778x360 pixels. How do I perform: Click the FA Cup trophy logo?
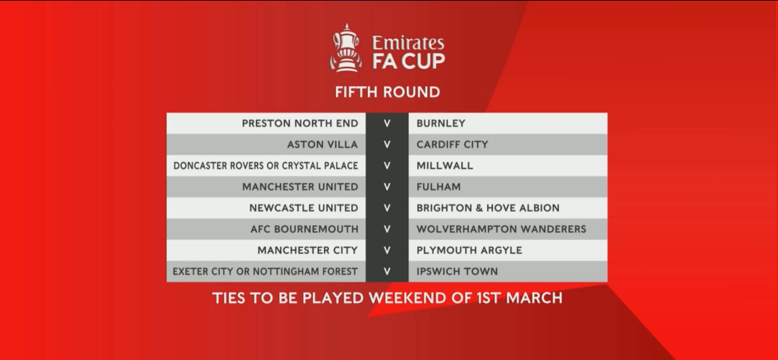(346, 48)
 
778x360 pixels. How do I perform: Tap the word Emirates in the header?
(408, 43)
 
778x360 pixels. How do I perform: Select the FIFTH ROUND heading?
(387, 92)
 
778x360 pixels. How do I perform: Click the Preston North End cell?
(300, 123)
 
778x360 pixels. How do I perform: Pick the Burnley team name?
(441, 123)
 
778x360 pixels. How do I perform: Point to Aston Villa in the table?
(323, 145)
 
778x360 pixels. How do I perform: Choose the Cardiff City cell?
(452, 145)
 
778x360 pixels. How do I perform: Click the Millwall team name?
(445, 166)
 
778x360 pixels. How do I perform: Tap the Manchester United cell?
(300, 187)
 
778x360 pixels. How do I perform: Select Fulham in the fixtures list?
(439, 187)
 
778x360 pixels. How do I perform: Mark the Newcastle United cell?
(304, 208)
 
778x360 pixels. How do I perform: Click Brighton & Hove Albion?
(488, 208)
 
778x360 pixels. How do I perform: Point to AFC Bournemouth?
(305, 229)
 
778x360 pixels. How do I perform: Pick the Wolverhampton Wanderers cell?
(501, 229)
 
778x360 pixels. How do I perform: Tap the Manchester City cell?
(308, 251)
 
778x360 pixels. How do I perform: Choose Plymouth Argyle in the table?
(469, 251)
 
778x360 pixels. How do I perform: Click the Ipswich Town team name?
(457, 272)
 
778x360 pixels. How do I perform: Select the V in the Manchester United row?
(387, 187)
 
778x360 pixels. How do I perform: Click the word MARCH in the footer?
(534, 298)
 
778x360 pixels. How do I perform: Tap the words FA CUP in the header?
(408, 61)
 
